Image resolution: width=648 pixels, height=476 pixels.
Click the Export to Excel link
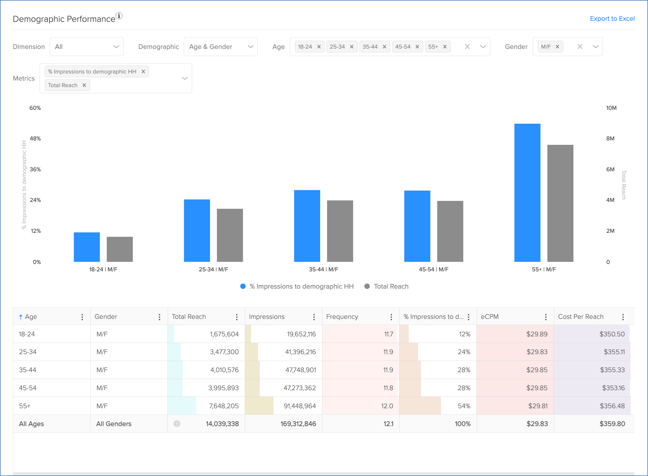(x=612, y=19)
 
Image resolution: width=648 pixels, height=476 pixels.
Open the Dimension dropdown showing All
(x=86, y=47)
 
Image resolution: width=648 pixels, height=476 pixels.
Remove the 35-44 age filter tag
(x=384, y=47)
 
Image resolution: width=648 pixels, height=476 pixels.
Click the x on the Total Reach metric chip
(x=84, y=85)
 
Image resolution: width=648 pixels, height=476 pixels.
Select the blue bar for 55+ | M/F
(x=527, y=193)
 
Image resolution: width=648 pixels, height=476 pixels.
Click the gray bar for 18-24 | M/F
(x=120, y=249)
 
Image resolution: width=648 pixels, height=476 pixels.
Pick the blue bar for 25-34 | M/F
(x=197, y=231)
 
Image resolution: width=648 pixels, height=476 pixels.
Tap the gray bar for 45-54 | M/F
(x=450, y=231)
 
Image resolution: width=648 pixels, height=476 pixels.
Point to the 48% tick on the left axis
(x=36, y=139)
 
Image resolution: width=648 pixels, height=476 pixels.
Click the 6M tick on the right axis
(x=610, y=169)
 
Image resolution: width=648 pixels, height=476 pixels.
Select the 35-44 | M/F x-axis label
(x=323, y=269)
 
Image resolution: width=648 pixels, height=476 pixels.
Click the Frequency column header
(x=342, y=317)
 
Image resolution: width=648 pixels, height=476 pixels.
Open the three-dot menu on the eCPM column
(x=546, y=317)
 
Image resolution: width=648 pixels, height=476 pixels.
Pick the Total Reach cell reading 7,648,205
(x=224, y=406)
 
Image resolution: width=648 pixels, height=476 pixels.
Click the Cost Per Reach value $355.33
(x=612, y=370)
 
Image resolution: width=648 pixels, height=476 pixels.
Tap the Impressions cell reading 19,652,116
(x=301, y=334)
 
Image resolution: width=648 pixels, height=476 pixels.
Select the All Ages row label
(x=31, y=424)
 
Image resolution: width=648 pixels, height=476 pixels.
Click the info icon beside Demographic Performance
(x=119, y=16)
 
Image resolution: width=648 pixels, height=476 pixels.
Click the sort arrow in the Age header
(x=21, y=317)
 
